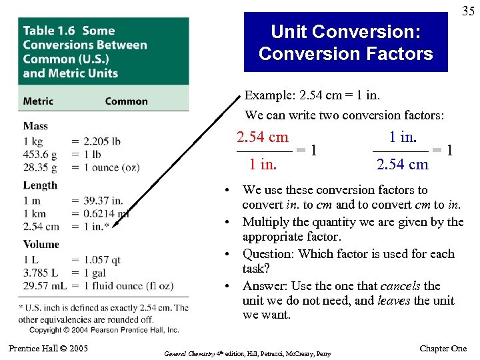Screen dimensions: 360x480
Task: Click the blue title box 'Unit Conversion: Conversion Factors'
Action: [x=345, y=43]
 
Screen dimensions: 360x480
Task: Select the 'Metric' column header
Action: [x=38, y=101]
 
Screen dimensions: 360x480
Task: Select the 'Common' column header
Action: [x=126, y=101]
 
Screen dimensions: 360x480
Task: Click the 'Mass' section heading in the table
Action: [x=35, y=126]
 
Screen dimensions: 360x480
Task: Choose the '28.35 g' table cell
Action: [x=39, y=167]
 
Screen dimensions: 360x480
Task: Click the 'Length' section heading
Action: [x=40, y=185]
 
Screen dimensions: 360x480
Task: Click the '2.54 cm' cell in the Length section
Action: [x=41, y=227]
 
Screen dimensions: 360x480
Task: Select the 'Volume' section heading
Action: [x=41, y=245]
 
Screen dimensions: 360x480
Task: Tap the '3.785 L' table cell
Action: [x=39, y=272]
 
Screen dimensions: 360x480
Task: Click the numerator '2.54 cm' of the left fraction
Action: [x=263, y=137]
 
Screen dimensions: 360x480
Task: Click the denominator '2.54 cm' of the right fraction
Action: [x=402, y=165]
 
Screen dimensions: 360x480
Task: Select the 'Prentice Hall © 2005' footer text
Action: [x=48, y=349]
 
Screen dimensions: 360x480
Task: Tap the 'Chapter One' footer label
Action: [x=443, y=349]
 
